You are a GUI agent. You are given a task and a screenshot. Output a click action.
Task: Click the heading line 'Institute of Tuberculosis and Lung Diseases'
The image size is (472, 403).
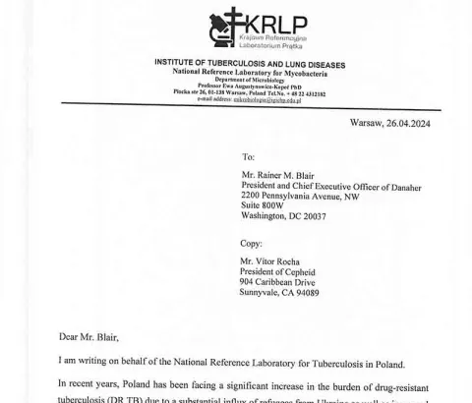(x=250, y=64)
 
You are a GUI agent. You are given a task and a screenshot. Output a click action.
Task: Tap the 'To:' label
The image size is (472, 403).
(x=248, y=156)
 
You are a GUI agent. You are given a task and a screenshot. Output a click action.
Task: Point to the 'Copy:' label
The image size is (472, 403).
(x=251, y=243)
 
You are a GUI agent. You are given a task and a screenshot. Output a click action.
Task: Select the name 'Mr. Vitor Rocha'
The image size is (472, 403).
(x=274, y=260)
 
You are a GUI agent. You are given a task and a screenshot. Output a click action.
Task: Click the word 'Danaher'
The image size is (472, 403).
(x=400, y=187)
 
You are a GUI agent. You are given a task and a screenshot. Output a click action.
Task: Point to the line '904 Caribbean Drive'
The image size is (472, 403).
(x=281, y=281)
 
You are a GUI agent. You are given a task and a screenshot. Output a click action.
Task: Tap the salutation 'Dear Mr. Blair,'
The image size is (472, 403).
(x=88, y=337)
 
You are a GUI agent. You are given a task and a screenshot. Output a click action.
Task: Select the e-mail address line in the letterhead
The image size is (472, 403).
(x=249, y=98)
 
